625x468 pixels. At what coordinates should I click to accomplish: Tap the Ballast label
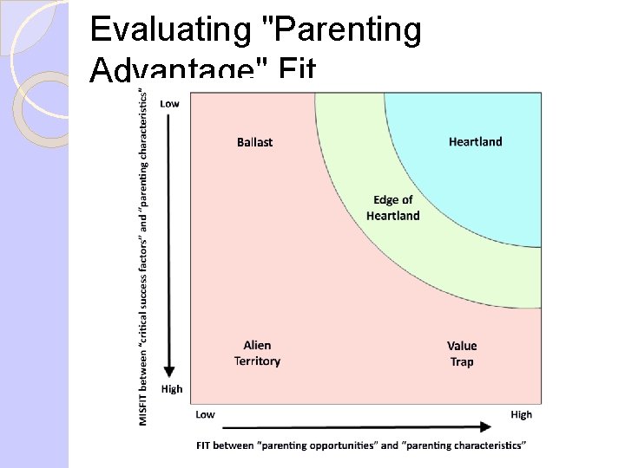(254, 142)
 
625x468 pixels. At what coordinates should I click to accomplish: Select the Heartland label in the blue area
(475, 141)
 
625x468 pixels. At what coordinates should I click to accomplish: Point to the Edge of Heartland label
(392, 208)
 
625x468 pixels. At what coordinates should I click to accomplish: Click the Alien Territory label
(257, 354)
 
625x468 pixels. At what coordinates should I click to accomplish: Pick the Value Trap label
(462, 354)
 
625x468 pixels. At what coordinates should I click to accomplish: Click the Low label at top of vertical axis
(170, 104)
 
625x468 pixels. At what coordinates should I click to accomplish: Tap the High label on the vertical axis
(172, 389)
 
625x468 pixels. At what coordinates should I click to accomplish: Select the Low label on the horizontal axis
(205, 414)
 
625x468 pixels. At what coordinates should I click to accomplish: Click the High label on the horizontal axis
(521, 414)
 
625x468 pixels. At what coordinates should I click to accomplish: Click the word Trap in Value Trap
(462, 362)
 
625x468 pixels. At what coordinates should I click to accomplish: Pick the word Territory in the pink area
(257, 361)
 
